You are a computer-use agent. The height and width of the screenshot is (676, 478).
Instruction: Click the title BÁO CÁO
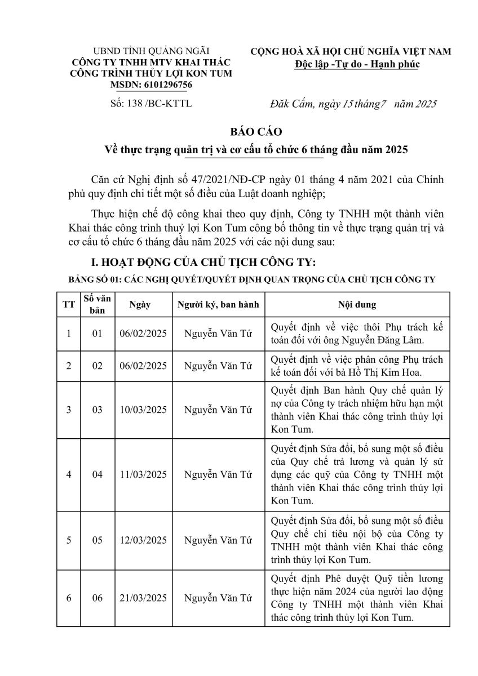240,134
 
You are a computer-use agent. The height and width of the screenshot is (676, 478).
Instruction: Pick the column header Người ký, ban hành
218,304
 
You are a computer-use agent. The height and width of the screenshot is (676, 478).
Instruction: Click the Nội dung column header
357,304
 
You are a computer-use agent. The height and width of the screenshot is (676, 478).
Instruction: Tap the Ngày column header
140,304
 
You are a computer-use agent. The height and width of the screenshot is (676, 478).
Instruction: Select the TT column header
69,304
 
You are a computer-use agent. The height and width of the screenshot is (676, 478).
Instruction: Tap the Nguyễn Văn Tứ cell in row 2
218,366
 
